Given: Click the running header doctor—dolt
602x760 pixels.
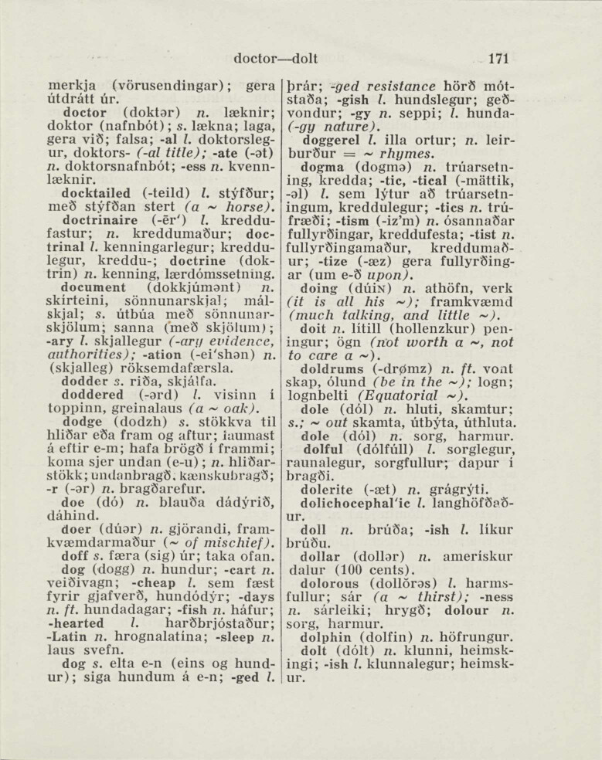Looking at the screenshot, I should click(276, 58).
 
